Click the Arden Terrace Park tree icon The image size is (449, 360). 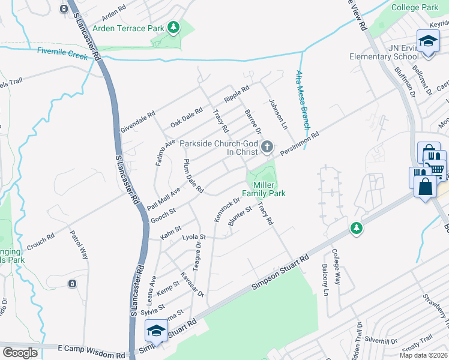point(173,27)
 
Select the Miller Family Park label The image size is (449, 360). point(263,188)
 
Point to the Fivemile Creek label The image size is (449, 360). point(62,53)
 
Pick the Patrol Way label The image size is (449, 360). point(79,244)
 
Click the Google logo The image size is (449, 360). point(20,353)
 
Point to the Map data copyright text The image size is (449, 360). point(423,355)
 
